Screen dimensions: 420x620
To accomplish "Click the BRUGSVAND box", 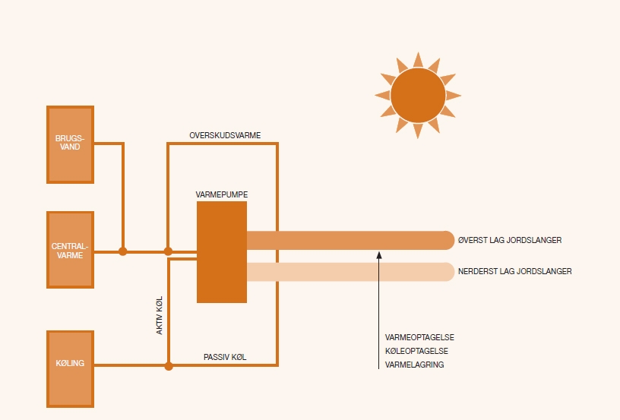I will (x=70, y=144).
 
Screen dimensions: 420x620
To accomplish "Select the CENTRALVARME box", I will (x=70, y=250).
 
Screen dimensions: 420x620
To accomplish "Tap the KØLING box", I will (x=70, y=368).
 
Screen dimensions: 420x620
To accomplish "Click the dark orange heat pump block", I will (x=222, y=251).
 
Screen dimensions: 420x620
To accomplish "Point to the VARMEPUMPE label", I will (x=222, y=194).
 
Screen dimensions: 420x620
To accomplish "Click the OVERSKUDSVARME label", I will (x=225, y=135).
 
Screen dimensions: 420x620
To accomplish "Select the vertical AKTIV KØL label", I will (x=160, y=316).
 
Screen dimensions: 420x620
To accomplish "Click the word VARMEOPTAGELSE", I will (x=420, y=336).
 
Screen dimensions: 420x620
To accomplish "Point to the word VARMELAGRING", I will (x=415, y=365).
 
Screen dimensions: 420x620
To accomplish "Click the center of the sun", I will (x=417, y=95).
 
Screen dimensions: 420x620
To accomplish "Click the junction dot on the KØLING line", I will (x=169, y=366).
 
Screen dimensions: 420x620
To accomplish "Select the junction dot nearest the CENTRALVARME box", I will (x=123, y=251).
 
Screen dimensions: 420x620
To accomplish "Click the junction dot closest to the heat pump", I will (x=169, y=251).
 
